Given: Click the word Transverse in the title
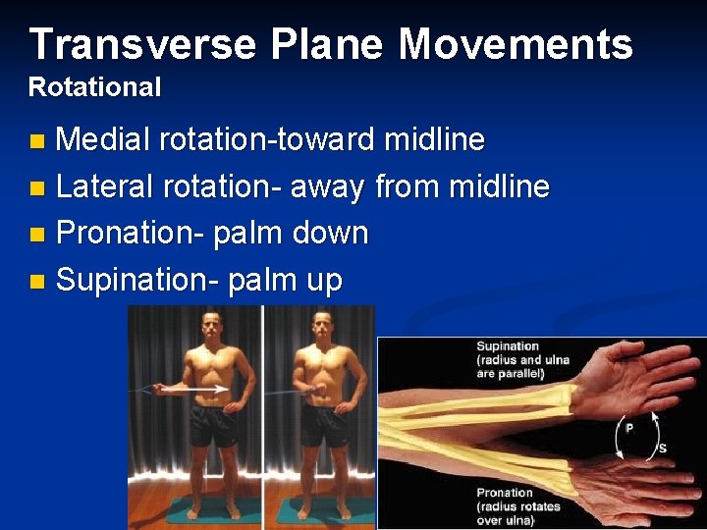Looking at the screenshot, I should click(143, 44).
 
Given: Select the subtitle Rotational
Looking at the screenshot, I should click(94, 87).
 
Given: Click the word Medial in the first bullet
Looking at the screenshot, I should click(103, 140).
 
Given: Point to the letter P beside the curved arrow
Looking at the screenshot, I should click(628, 429).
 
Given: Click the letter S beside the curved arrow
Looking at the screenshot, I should click(661, 449).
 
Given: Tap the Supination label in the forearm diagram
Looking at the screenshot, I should click(508, 345).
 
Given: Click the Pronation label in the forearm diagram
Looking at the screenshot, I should click(505, 493).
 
